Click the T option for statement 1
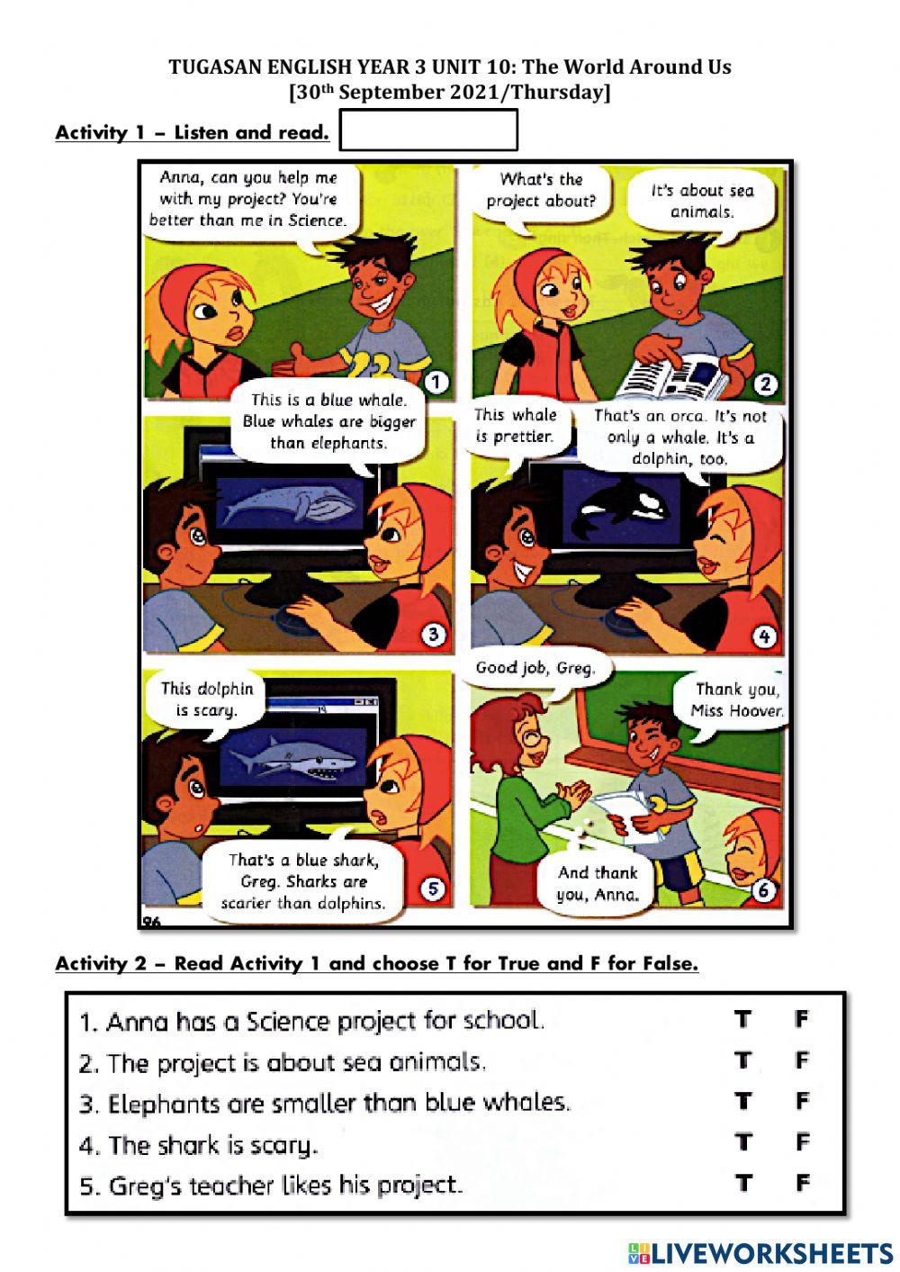pos(742,1019)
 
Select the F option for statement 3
pos(803,1102)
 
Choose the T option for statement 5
pos(742,1183)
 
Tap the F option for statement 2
pos(803,1060)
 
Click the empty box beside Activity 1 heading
pos(428,131)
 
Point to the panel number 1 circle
pos(436,383)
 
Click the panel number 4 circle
pos(763,636)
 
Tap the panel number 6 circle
pos(763,890)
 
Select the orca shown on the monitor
pos(625,514)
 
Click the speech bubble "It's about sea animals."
pos(702,202)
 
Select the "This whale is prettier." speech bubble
pos(516,427)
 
